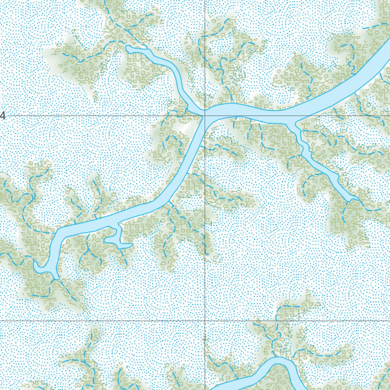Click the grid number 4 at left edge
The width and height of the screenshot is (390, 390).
(3, 115)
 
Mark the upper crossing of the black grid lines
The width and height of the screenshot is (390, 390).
(205, 115)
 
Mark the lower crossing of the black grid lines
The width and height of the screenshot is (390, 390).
(205, 321)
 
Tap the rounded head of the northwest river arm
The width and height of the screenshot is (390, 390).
(129, 48)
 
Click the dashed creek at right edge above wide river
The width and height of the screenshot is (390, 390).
(377, 26)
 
